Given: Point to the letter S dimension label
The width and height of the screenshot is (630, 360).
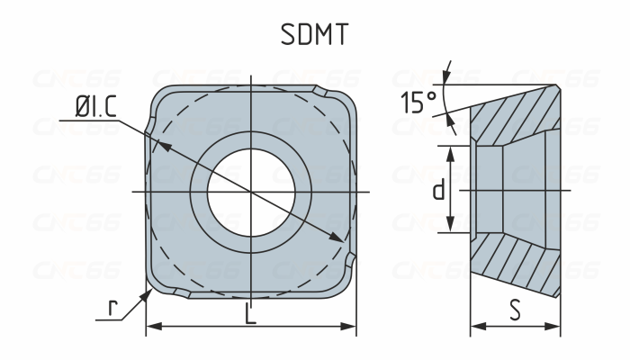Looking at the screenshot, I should coord(515,310).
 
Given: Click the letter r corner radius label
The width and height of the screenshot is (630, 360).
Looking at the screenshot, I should coord(113,309).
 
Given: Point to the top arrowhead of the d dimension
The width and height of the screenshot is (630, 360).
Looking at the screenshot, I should coord(452,149).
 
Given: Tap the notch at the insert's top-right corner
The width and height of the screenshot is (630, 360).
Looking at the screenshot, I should coord(320,91).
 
